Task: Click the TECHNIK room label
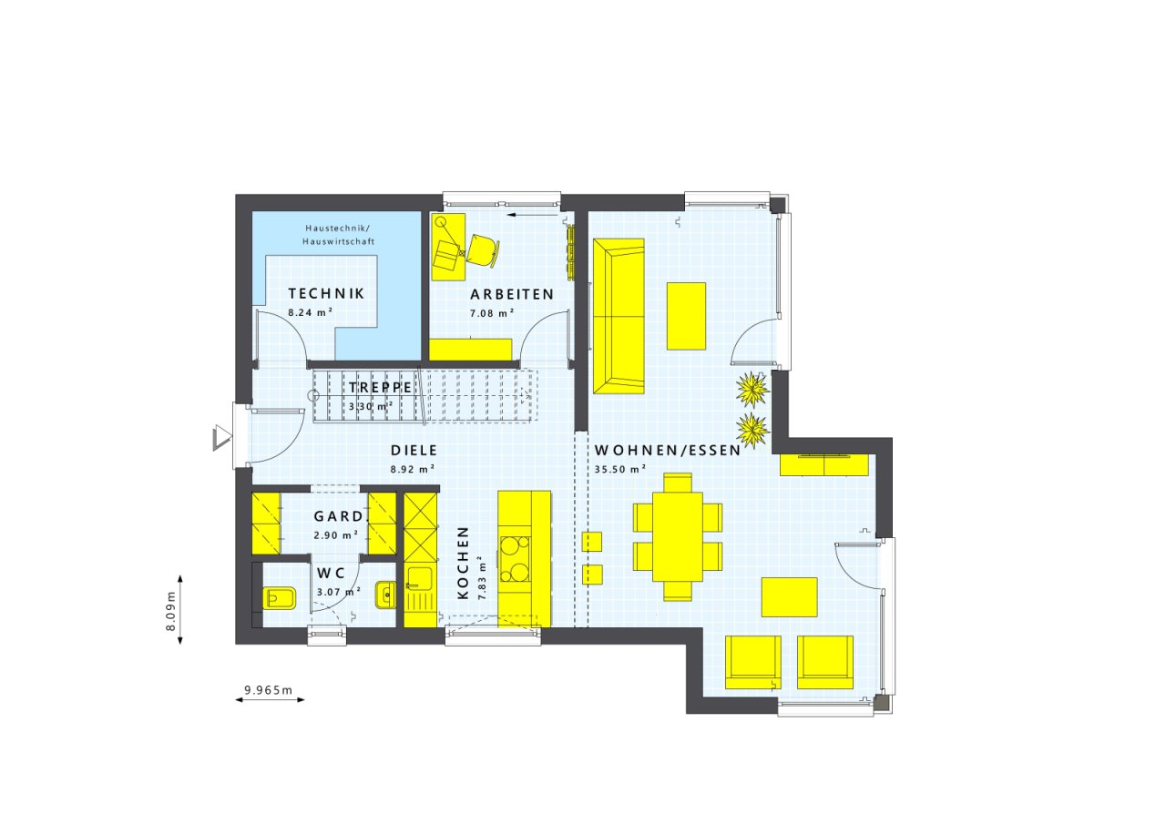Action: [x=326, y=294]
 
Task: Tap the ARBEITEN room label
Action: [x=512, y=294]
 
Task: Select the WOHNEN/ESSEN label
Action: [x=668, y=451]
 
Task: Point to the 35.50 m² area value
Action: [x=620, y=469]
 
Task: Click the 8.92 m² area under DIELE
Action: [x=413, y=469]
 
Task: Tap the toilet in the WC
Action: [x=279, y=598]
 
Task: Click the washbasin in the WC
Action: [x=385, y=595]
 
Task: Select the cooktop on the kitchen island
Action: [x=515, y=559]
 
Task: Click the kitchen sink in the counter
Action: [x=420, y=582]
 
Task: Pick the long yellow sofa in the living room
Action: [x=619, y=316]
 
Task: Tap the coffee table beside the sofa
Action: [x=687, y=316]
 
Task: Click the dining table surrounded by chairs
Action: [x=678, y=536]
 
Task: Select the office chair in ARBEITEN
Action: [x=482, y=251]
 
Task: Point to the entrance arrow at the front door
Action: [x=221, y=437]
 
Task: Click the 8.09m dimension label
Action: [x=170, y=611]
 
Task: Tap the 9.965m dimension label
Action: [x=269, y=690]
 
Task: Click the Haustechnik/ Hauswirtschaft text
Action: [x=338, y=235]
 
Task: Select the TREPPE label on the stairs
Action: [x=381, y=388]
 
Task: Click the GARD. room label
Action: [x=339, y=516]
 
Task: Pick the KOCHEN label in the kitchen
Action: [x=464, y=563]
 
